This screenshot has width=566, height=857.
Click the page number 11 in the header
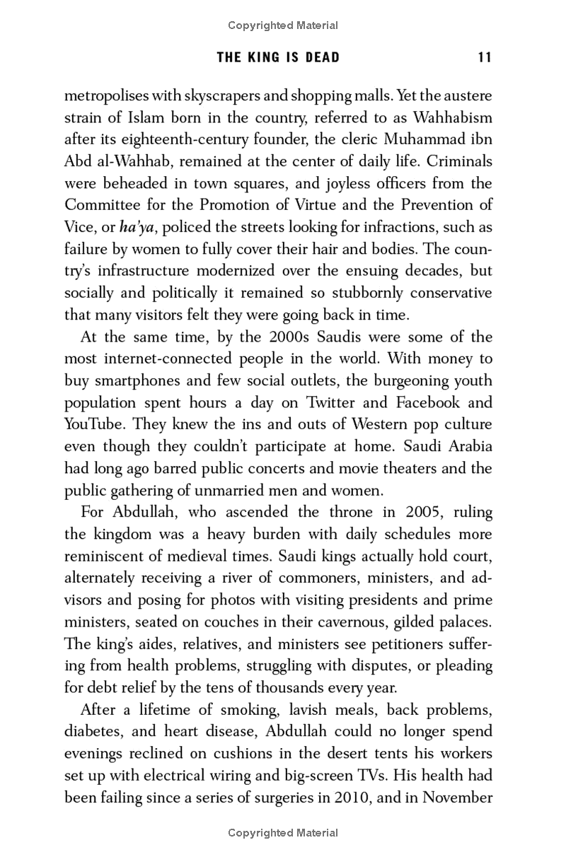click(x=485, y=57)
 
